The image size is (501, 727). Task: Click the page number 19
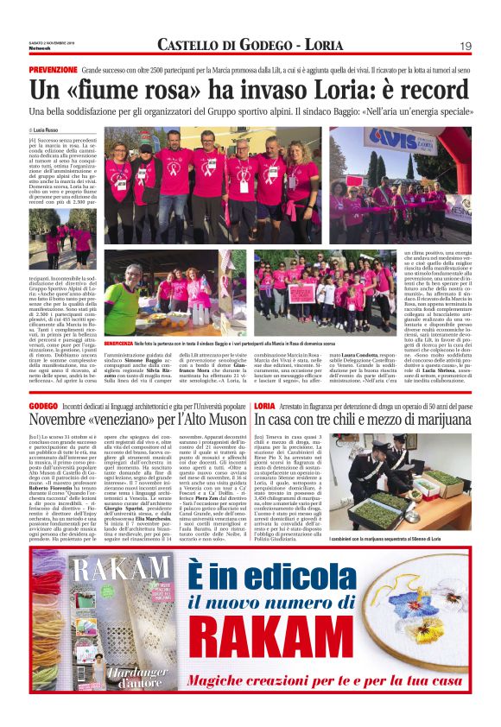click(465, 46)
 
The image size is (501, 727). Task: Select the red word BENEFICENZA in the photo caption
click(122, 343)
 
